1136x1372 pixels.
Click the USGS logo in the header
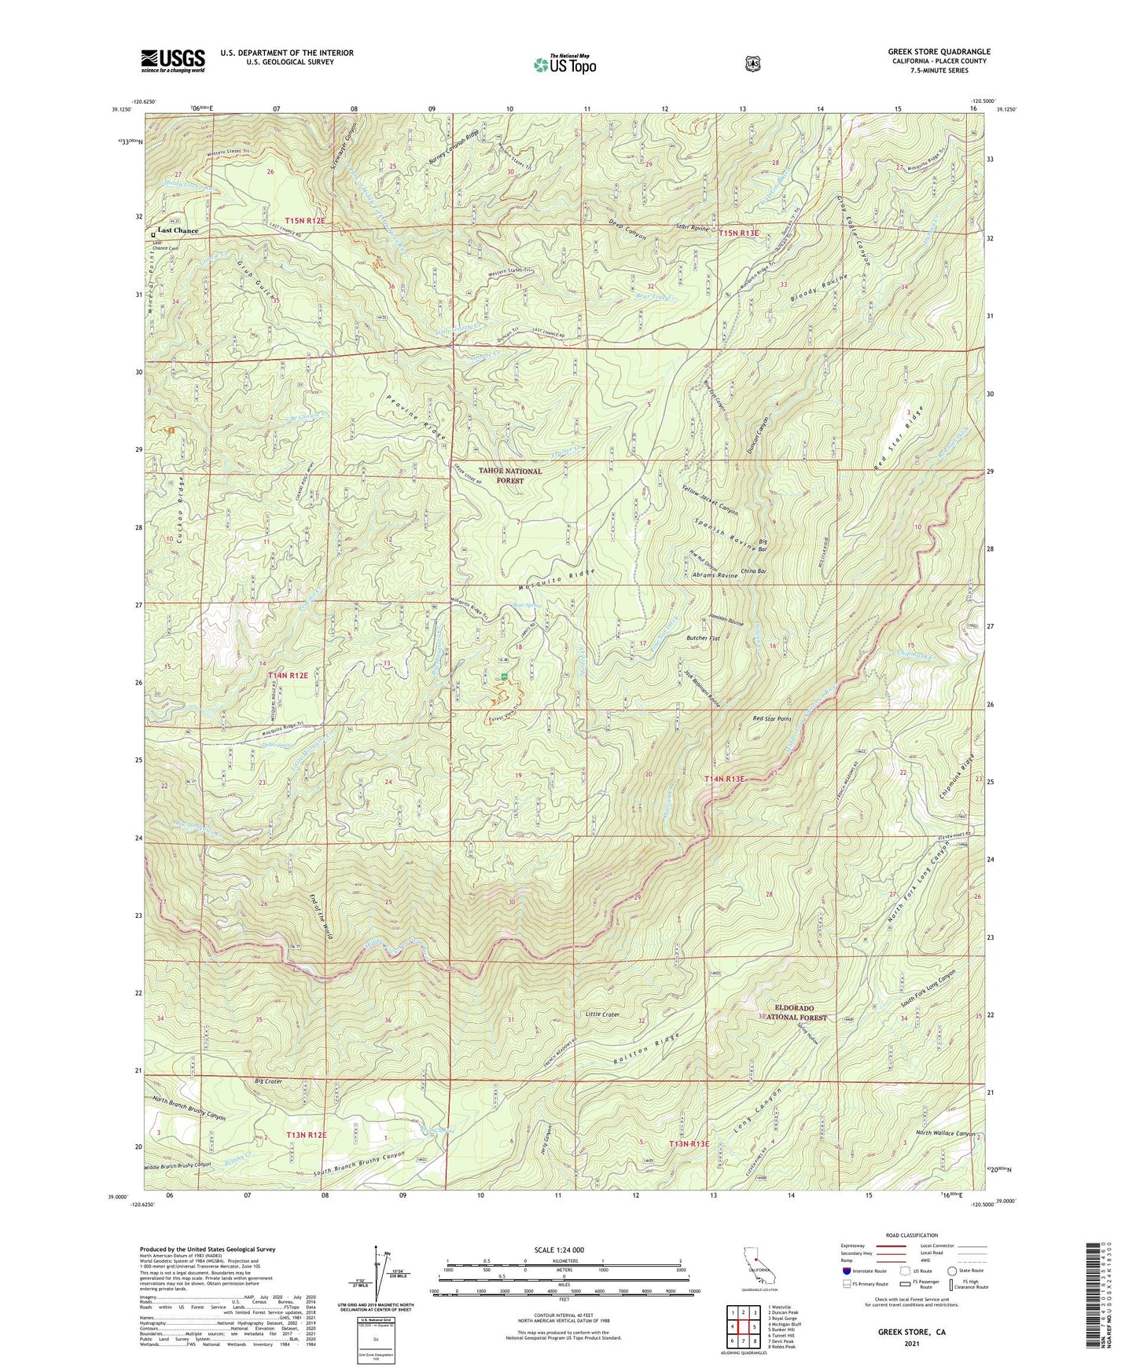[x=173, y=60]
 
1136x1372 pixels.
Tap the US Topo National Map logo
[x=564, y=64]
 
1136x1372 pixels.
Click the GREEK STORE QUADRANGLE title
[x=939, y=52]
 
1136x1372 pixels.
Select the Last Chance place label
[x=178, y=230]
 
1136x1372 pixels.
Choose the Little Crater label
[x=602, y=1014]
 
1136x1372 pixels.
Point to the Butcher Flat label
[x=703, y=638]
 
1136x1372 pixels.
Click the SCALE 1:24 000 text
[x=559, y=1250]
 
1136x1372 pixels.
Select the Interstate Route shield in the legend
[x=847, y=1271]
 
